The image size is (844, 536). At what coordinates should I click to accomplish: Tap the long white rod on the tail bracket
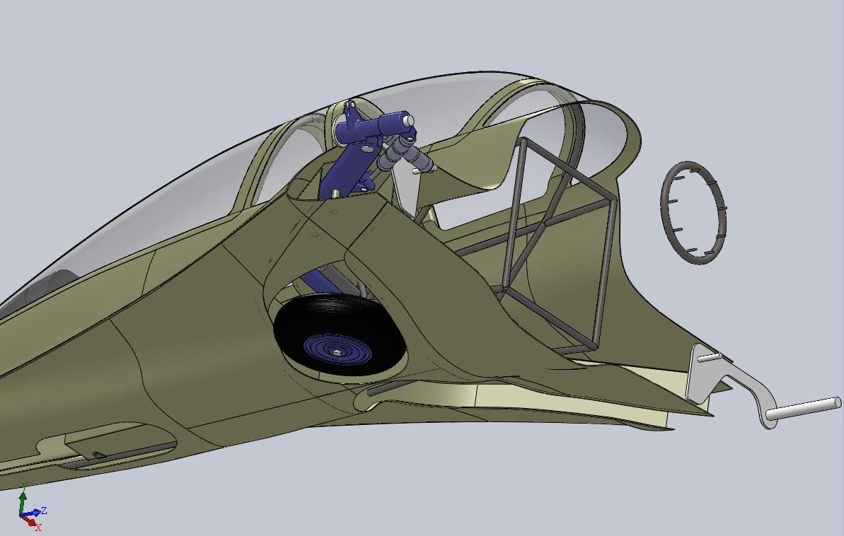click(x=803, y=408)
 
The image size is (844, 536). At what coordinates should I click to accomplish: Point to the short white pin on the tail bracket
click(x=710, y=356)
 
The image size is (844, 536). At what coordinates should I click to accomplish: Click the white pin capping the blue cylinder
click(x=410, y=120)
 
